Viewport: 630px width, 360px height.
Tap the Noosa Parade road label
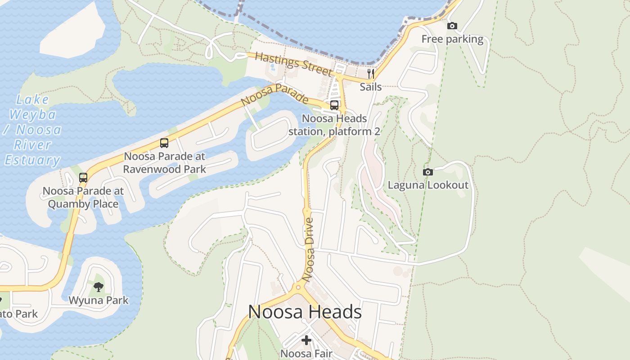point(274,95)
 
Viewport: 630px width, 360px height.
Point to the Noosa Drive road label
point(309,250)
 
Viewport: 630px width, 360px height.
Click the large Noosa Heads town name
point(305,312)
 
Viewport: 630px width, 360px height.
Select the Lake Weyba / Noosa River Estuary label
point(33,130)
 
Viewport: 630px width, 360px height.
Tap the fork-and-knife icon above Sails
point(371,73)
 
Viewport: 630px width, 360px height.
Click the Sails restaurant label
point(371,87)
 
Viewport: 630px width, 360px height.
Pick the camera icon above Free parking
point(452,26)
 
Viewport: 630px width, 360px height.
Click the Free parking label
point(452,39)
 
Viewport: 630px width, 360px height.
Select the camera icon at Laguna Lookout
point(428,172)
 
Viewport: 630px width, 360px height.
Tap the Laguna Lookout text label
point(428,185)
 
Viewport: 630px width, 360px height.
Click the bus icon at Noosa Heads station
point(334,105)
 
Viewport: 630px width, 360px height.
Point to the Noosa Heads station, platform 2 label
point(334,125)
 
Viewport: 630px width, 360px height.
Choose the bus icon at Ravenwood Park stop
point(164,143)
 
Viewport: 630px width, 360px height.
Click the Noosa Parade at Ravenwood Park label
point(164,163)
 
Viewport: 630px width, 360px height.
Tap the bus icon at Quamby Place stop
point(83,177)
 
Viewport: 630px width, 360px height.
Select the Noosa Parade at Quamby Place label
point(83,197)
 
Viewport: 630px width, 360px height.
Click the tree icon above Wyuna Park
point(99,287)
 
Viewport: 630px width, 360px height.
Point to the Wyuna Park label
point(99,300)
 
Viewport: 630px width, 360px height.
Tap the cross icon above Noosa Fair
point(306,340)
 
